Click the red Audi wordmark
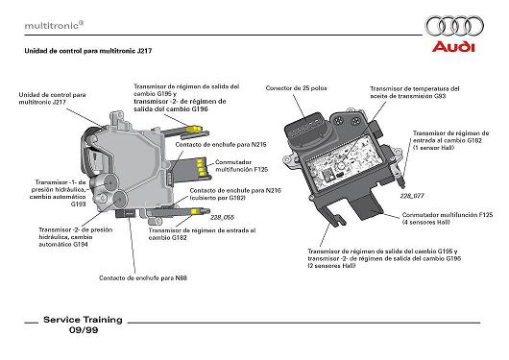click(453, 47)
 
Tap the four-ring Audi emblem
click(454, 26)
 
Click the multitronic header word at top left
click(52, 26)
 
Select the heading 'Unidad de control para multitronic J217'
click(88, 51)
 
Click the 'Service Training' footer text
click(83, 320)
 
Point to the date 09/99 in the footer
click(84, 330)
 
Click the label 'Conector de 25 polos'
click(296, 88)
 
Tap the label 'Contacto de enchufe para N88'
click(143, 277)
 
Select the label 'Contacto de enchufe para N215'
click(221, 144)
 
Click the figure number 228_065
click(222, 218)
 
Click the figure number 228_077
click(412, 196)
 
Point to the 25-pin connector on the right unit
click(306, 132)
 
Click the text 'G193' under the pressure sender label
click(78, 204)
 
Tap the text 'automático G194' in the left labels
click(63, 244)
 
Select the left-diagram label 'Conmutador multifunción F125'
click(241, 166)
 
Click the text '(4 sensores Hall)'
click(425, 223)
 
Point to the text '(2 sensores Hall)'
click(331, 266)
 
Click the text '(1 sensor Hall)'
click(433, 148)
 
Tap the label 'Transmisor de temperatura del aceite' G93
click(415, 92)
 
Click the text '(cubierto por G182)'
click(217, 198)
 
